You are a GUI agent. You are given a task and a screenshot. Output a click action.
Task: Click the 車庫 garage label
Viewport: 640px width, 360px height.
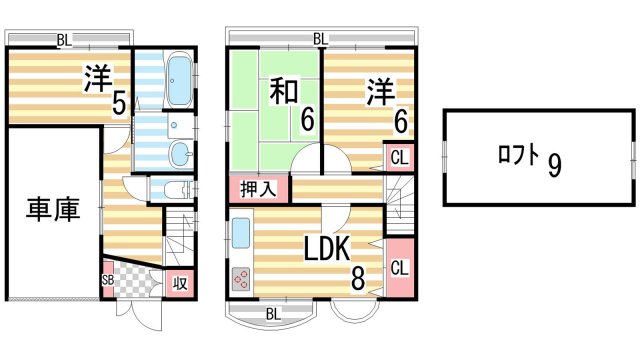(53, 212)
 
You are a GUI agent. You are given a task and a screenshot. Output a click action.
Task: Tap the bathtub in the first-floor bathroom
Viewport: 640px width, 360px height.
(179, 80)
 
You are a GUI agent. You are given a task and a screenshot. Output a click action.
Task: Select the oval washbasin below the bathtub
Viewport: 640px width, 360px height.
(179, 153)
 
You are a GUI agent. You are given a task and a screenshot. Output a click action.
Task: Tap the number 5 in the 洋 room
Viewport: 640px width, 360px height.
(119, 104)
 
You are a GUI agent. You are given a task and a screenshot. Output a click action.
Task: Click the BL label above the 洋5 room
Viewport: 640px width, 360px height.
(63, 40)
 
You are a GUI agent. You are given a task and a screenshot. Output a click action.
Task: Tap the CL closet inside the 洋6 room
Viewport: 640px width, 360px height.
(398, 158)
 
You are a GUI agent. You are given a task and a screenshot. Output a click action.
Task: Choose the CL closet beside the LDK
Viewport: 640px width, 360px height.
(398, 267)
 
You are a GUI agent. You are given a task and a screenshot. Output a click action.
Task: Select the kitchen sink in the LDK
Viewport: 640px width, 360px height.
(241, 234)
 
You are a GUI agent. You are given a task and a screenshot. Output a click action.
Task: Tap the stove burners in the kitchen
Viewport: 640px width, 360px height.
(241, 280)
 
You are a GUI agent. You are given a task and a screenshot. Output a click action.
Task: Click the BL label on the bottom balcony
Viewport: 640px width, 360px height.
(272, 315)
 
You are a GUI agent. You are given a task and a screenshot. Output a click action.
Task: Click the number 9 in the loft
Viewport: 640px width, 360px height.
(553, 163)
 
